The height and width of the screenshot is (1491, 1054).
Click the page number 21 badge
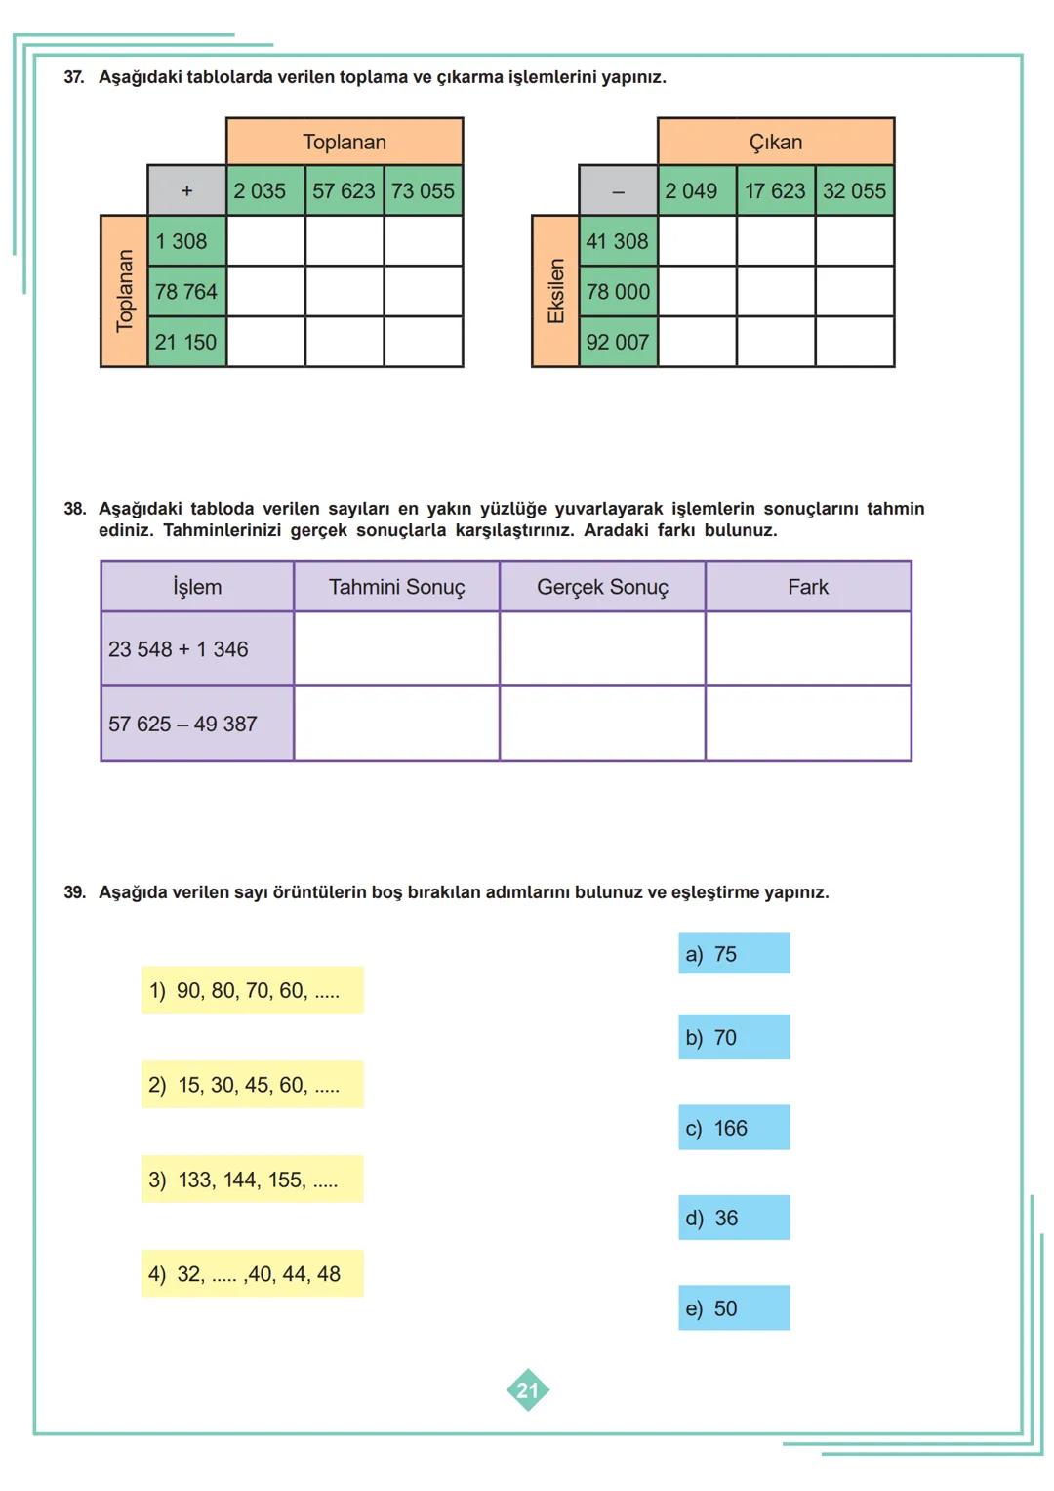click(x=528, y=1390)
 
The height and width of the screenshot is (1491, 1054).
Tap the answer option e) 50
click(x=734, y=1308)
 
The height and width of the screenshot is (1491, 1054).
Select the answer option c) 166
click(x=734, y=1128)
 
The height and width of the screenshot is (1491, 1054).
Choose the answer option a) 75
click(x=734, y=954)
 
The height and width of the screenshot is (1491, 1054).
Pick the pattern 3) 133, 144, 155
click(x=252, y=1180)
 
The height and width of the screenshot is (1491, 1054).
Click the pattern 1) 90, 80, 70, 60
click(x=252, y=990)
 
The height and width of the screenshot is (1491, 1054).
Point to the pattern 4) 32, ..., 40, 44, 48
click(x=252, y=1273)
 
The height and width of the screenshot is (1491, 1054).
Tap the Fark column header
click(x=808, y=587)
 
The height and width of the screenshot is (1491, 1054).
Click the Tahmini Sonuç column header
click(x=396, y=587)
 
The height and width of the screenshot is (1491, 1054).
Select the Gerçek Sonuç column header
click(x=602, y=587)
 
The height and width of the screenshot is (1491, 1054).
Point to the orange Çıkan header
click(x=776, y=142)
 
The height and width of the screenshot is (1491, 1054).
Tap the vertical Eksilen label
click(x=555, y=291)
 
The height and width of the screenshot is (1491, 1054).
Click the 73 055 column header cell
click(x=424, y=191)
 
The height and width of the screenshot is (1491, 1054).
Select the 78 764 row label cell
click(x=186, y=291)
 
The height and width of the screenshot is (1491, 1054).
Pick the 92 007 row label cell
click(x=618, y=342)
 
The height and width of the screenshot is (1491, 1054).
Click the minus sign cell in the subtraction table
click(x=618, y=191)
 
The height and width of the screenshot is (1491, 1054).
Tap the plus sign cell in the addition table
click(x=186, y=191)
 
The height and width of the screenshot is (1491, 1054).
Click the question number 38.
click(x=74, y=509)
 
